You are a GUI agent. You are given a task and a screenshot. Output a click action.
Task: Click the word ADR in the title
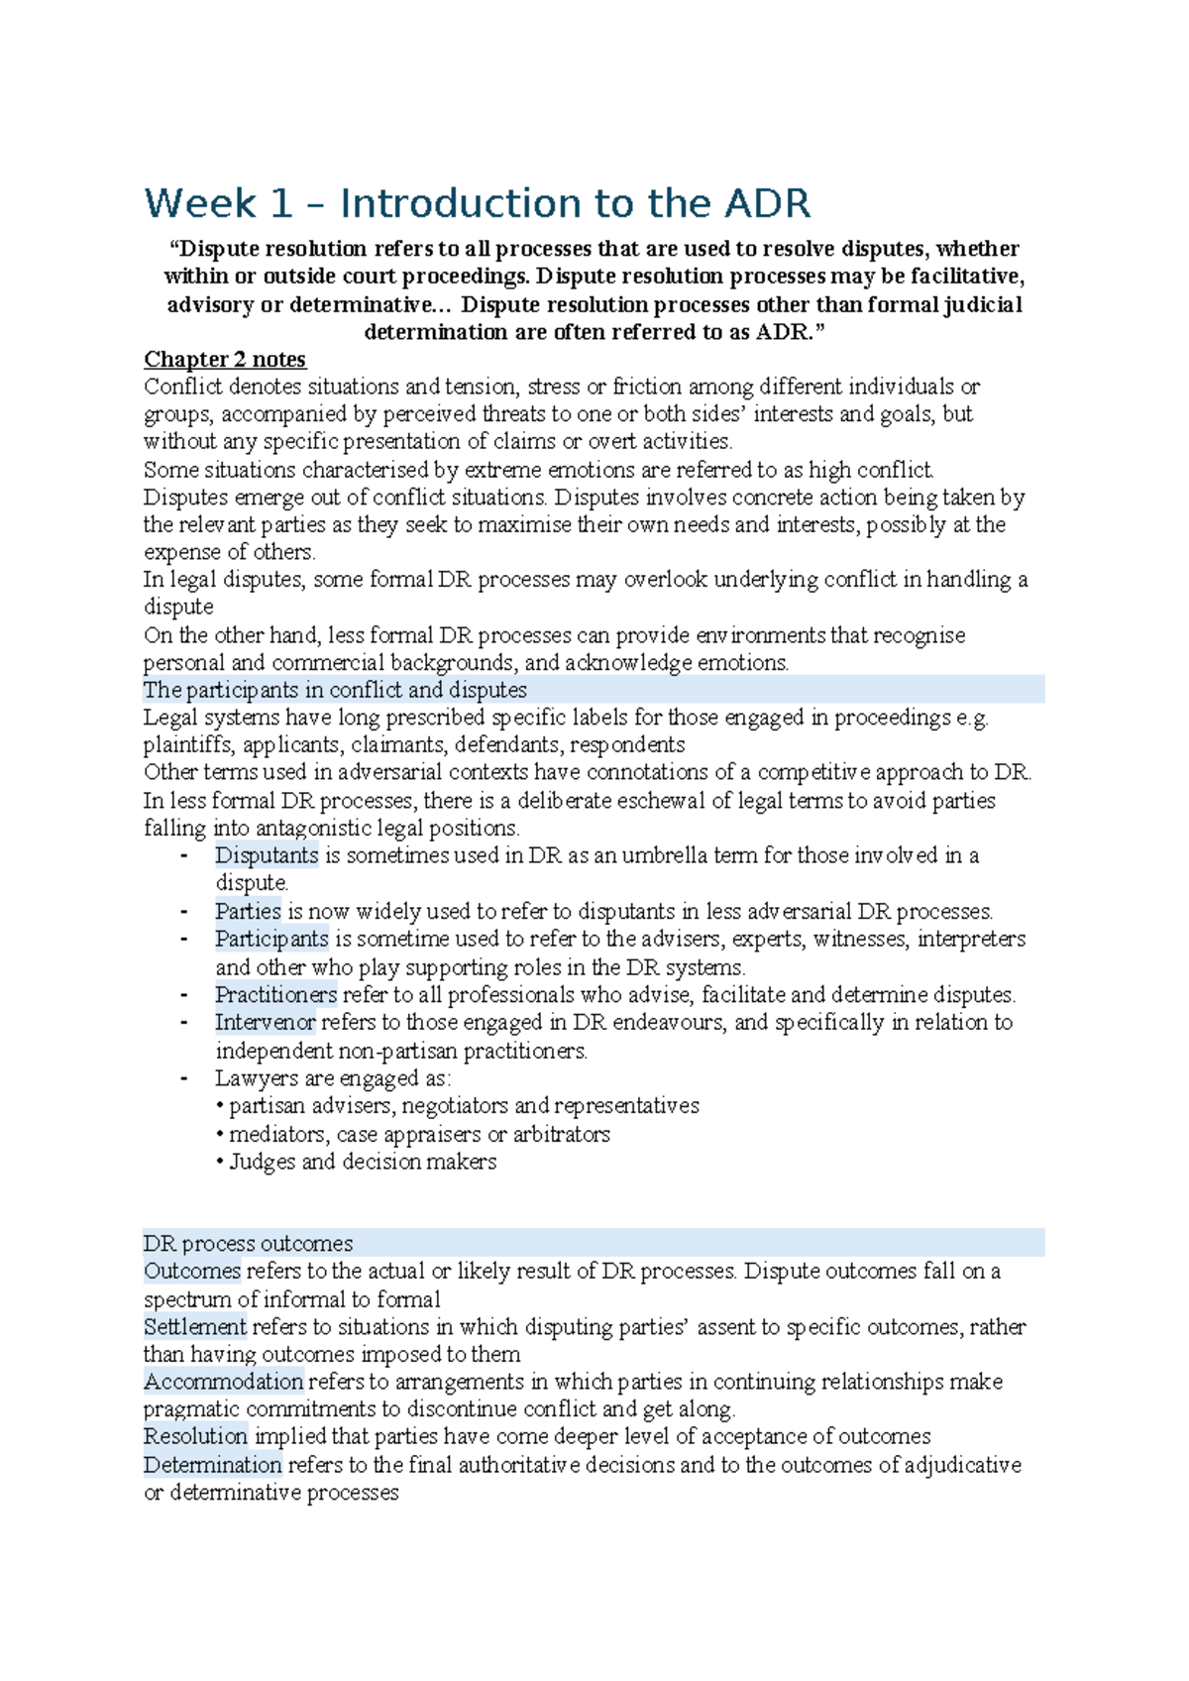(768, 204)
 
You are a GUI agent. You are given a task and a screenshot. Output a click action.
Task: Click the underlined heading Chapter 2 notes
(225, 360)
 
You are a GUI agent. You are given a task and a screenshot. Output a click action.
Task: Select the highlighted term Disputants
(267, 855)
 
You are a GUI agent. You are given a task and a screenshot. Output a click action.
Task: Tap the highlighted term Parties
(249, 912)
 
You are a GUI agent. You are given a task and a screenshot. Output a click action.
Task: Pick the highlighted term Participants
(271, 939)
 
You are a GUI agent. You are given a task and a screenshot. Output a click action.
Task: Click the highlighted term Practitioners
(275, 995)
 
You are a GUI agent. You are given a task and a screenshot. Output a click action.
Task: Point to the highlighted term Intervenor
(265, 1023)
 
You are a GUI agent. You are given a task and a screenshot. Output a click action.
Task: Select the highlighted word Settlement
(194, 1327)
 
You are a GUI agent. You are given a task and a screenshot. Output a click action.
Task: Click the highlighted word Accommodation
(223, 1382)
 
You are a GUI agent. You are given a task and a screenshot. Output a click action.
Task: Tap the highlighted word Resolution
(195, 1437)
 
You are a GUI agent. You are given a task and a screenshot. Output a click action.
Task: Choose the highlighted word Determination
(212, 1465)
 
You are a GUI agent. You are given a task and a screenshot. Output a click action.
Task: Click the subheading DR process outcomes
(248, 1244)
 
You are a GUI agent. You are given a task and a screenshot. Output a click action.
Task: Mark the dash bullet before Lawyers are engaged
(184, 1078)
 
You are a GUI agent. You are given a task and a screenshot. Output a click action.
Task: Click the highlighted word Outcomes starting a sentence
(192, 1272)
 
